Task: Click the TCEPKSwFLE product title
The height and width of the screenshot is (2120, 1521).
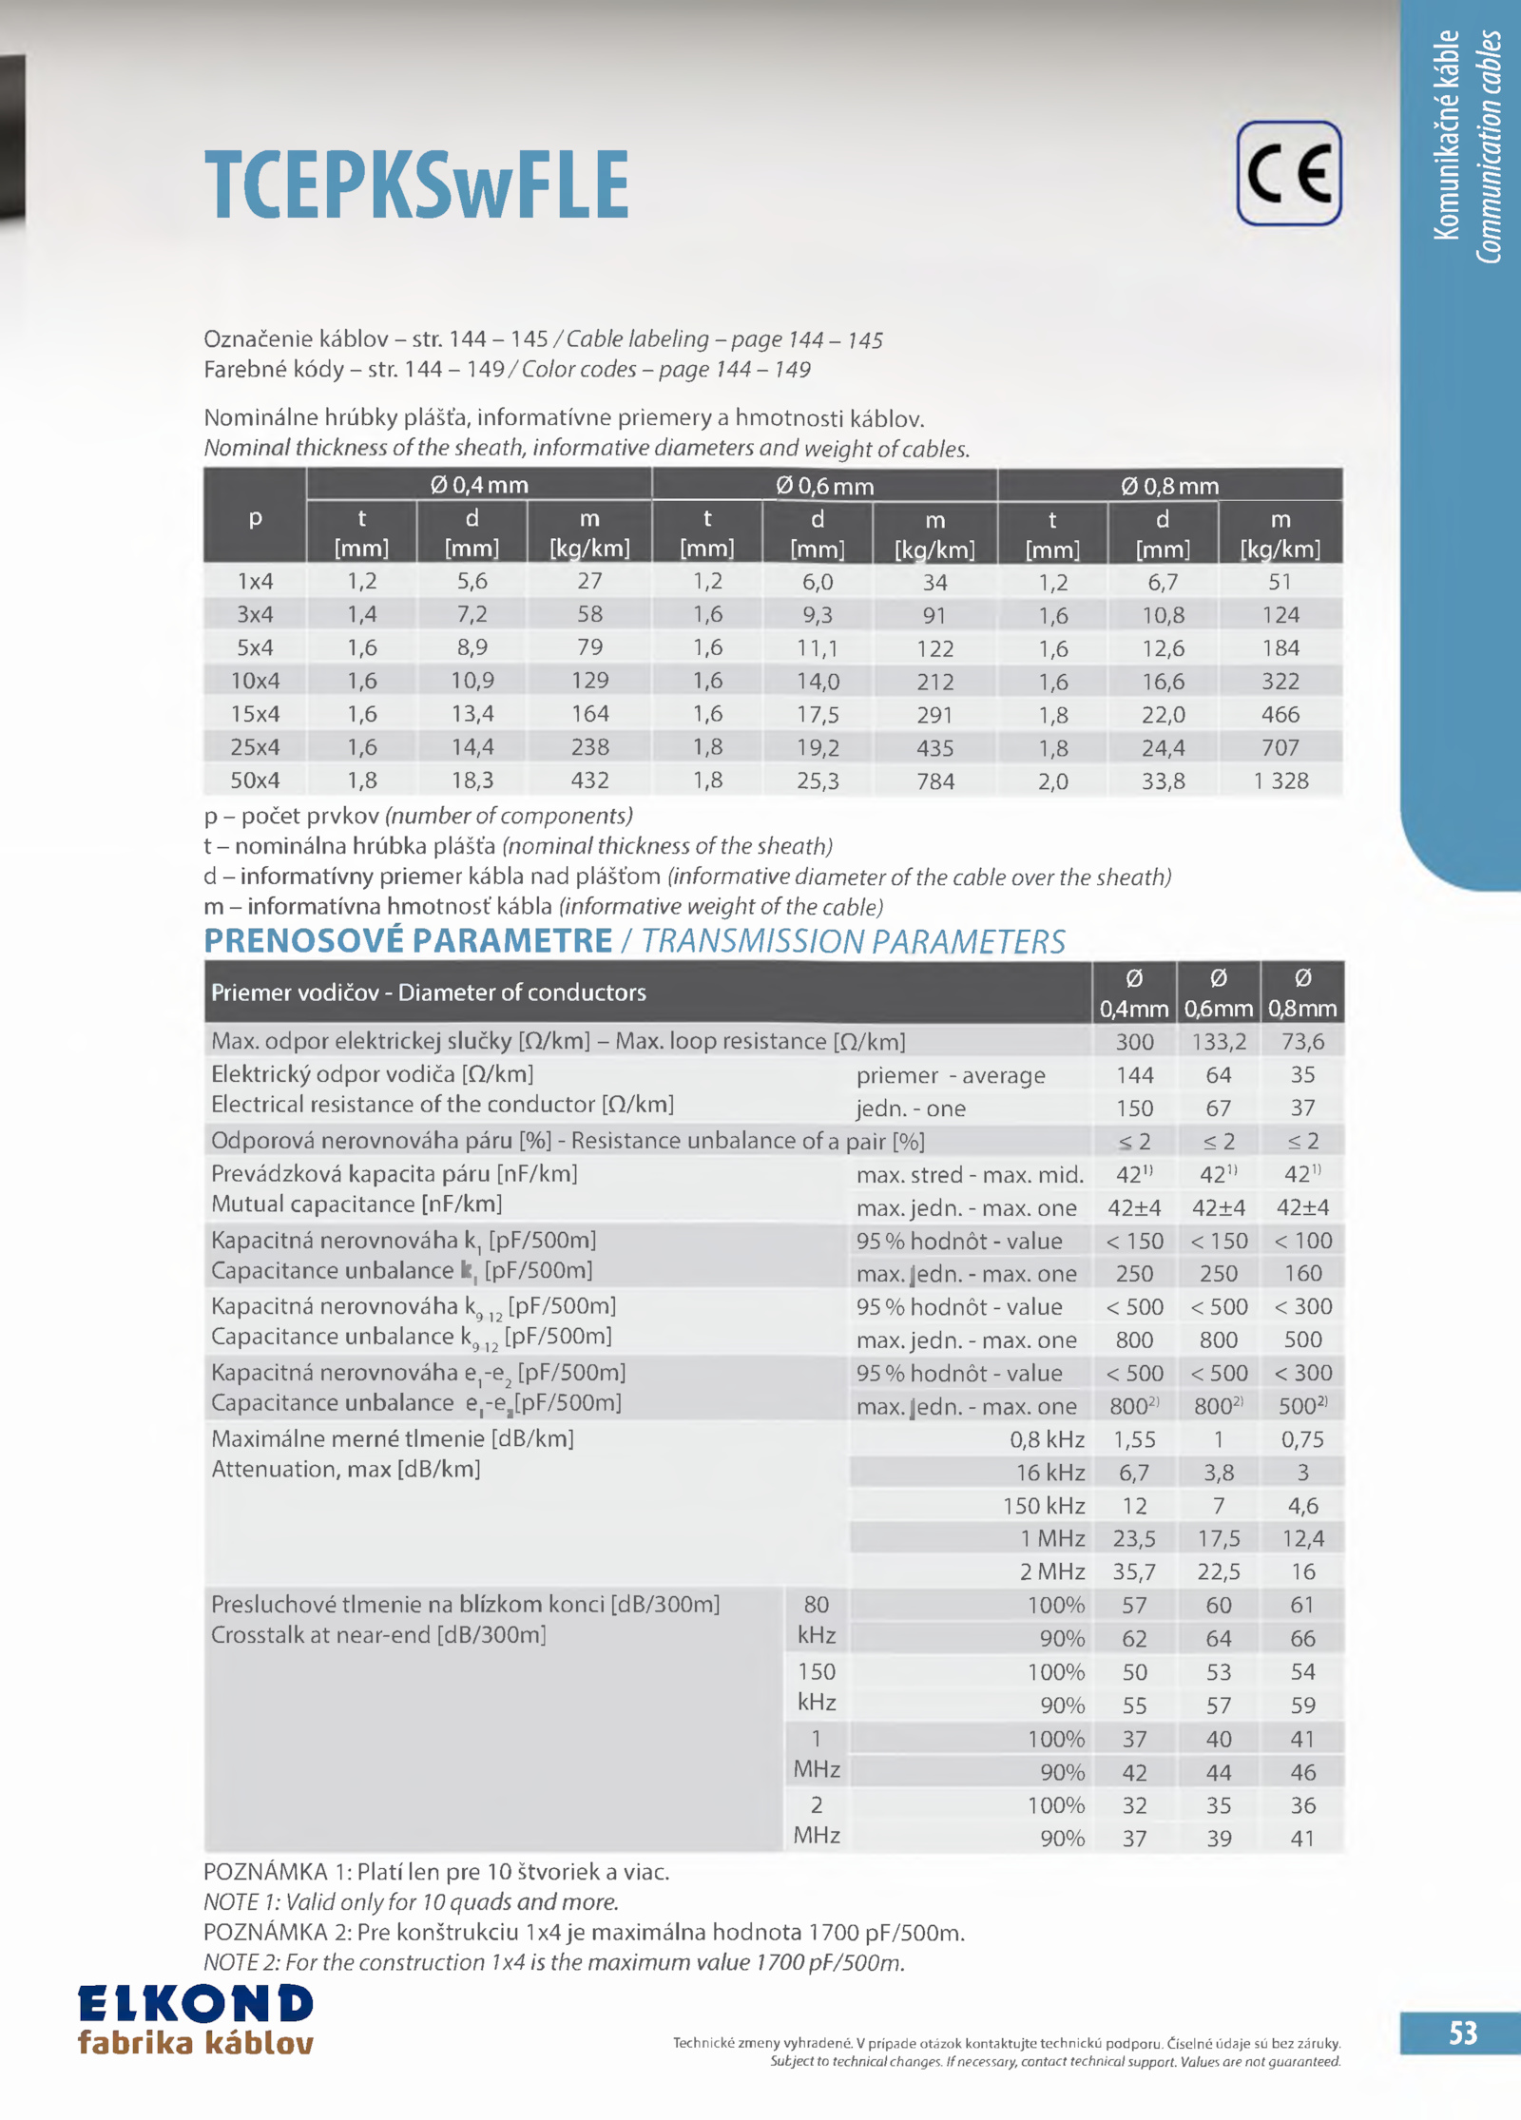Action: [x=416, y=184]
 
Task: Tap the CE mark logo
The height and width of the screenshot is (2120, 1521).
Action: [x=1288, y=173]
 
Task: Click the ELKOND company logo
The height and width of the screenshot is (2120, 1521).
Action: [x=196, y=2019]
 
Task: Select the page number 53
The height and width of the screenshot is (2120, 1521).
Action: [x=1462, y=2033]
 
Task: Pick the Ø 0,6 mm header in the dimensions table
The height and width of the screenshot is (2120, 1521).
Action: [x=824, y=486]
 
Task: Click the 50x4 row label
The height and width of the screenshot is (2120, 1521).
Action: [x=255, y=781]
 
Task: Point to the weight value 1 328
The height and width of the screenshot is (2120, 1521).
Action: [x=1280, y=781]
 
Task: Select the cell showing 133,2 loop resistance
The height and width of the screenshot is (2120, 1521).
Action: [x=1219, y=1042]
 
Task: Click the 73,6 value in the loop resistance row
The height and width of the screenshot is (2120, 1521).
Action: [x=1302, y=1042]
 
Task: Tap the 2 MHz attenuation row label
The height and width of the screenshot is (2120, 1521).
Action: [x=1052, y=1571]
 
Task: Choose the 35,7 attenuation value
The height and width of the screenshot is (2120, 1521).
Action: [x=1134, y=1571]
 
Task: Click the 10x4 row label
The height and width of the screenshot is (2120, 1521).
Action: [x=255, y=681]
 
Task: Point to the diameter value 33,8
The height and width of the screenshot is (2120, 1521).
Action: [x=1163, y=781]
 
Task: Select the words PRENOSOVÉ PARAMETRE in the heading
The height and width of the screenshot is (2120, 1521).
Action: [x=408, y=941]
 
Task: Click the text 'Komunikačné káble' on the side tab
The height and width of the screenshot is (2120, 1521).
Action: [x=1446, y=135]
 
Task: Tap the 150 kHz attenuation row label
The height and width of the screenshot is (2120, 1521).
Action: [x=1044, y=1506]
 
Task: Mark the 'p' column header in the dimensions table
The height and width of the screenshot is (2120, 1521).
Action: [x=255, y=518]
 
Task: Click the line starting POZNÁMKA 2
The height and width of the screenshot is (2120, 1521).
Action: [x=584, y=1933]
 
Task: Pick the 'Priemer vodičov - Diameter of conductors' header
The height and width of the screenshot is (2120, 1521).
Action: [x=428, y=993]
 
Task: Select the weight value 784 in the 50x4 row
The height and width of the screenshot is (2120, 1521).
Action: [x=934, y=781]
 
